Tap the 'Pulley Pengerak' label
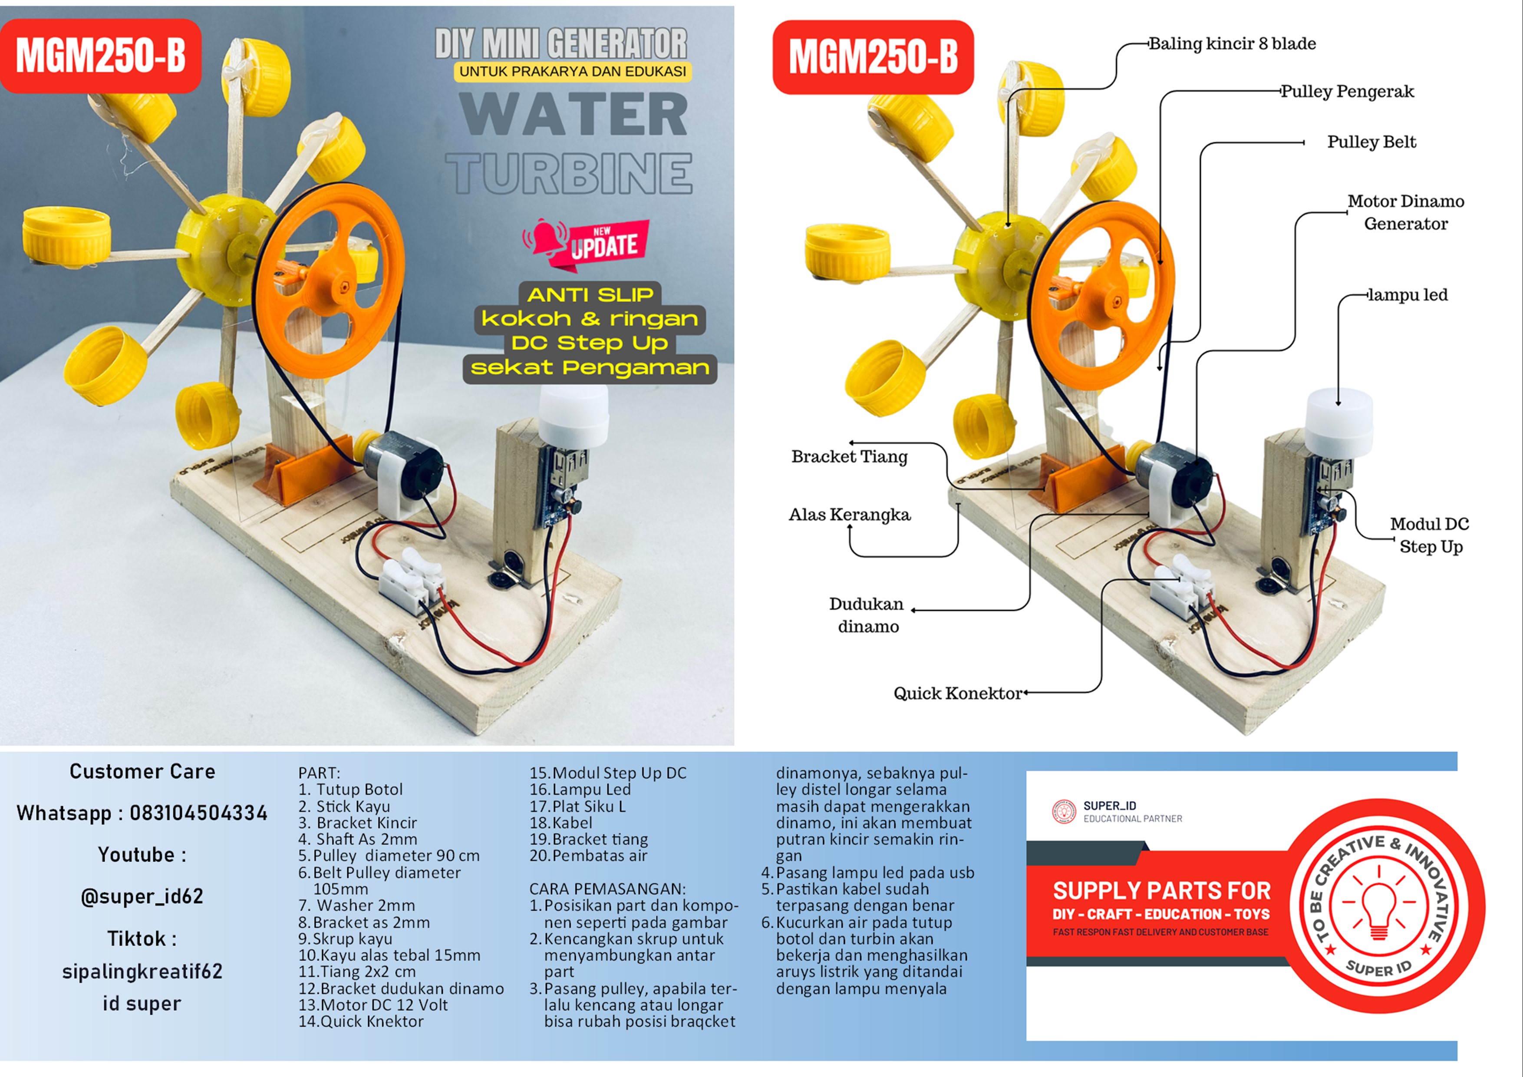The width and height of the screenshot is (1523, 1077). [1347, 92]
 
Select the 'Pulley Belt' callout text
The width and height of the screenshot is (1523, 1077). [1371, 142]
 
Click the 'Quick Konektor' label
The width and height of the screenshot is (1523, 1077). [957, 694]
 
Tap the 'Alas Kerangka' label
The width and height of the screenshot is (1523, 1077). [849, 515]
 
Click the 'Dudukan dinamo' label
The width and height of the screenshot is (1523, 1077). [867, 615]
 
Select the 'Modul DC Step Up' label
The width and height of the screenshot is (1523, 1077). [1430, 535]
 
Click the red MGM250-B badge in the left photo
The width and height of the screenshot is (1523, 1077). [101, 56]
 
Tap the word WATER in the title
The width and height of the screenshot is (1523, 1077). [574, 115]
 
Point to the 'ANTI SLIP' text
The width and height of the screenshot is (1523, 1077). [590, 294]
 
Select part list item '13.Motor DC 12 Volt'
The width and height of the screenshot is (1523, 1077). [373, 1004]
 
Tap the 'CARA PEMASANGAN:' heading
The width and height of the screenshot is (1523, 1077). [607, 889]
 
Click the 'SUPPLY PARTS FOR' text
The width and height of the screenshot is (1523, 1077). [1161, 891]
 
